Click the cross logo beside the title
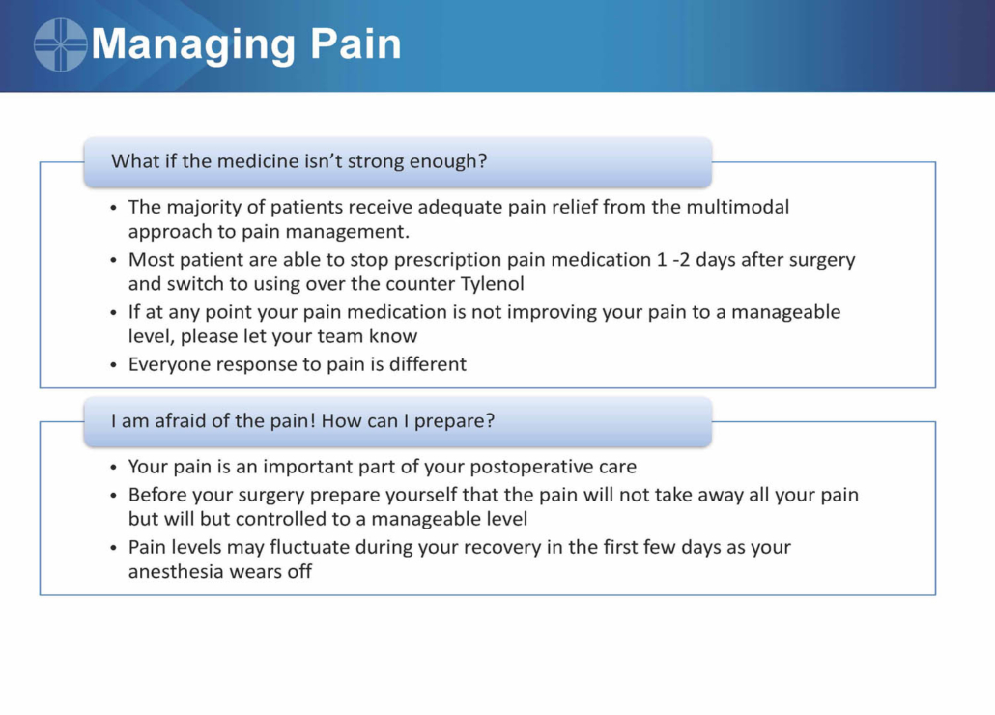coord(60,44)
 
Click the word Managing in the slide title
coord(193,45)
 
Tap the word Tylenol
coord(493,284)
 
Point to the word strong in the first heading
coord(371,161)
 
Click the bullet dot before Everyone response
coord(113,365)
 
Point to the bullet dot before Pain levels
coord(113,548)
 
